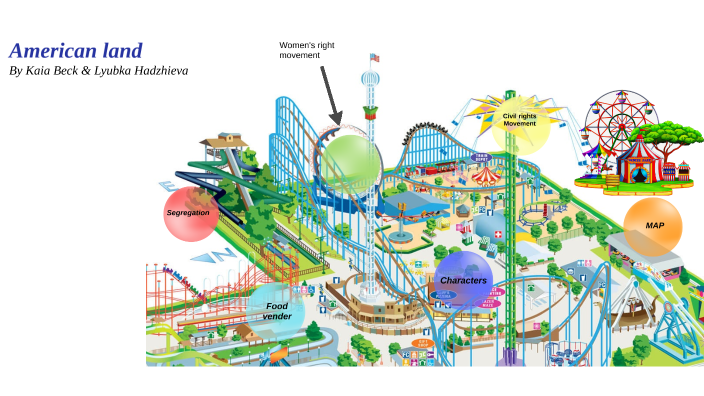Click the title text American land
coord(76,51)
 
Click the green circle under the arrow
coord(350,160)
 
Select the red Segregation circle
coord(190,214)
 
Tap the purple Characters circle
coord(463,280)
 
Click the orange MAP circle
coord(653,226)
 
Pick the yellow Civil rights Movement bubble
coord(520,122)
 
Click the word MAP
coord(654,226)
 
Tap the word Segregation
coord(188,213)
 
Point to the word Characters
coord(463,280)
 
